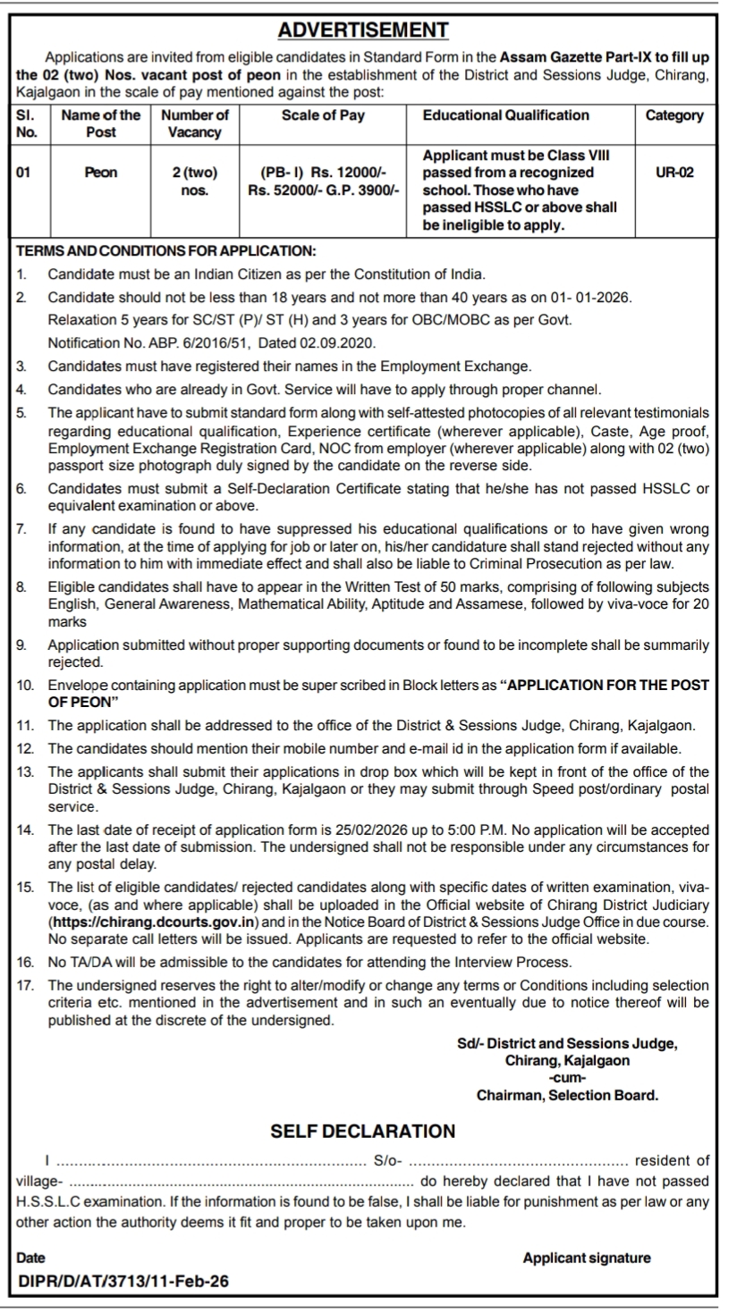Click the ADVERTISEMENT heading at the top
click(363, 31)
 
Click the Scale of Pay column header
click(323, 115)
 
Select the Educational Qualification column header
click(505, 115)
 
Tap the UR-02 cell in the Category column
click(674, 173)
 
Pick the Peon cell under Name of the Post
click(100, 173)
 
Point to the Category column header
click(674, 115)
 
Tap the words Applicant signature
click(587, 1258)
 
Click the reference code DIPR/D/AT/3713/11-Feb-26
click(124, 1281)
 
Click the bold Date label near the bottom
click(31, 1258)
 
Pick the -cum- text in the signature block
click(567, 1077)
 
